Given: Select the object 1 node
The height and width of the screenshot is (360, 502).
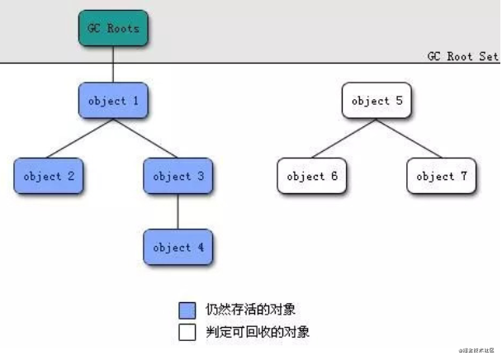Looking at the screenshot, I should click(113, 102).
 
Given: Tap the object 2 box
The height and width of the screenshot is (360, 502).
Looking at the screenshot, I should click(49, 176).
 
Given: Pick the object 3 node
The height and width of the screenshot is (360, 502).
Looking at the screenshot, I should click(178, 176).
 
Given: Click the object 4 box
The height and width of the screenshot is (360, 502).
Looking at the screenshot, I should click(178, 247).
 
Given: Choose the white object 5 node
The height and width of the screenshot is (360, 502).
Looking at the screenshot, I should click(376, 102).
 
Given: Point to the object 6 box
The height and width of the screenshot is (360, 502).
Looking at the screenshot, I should click(311, 176).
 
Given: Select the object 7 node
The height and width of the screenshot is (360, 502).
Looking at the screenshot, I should click(441, 176).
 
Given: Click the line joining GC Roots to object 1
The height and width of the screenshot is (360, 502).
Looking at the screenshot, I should click(113, 64).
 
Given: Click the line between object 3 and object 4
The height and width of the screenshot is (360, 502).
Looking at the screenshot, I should click(178, 211).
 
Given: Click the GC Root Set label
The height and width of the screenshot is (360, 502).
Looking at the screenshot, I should click(462, 56).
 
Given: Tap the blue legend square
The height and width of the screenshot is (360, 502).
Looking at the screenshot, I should click(187, 310).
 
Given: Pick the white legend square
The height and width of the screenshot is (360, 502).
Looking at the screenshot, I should click(187, 333).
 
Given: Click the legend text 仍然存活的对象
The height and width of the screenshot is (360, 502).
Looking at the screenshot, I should click(251, 310).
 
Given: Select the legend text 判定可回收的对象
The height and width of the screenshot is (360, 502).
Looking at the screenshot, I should click(257, 333).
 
